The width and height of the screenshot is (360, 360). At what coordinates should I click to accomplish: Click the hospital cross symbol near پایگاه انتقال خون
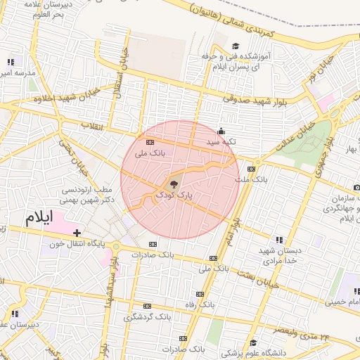tap(77, 233)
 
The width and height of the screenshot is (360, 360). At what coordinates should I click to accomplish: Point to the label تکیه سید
tap(220, 141)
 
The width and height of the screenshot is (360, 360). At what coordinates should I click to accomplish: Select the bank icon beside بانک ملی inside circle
tap(150, 142)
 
